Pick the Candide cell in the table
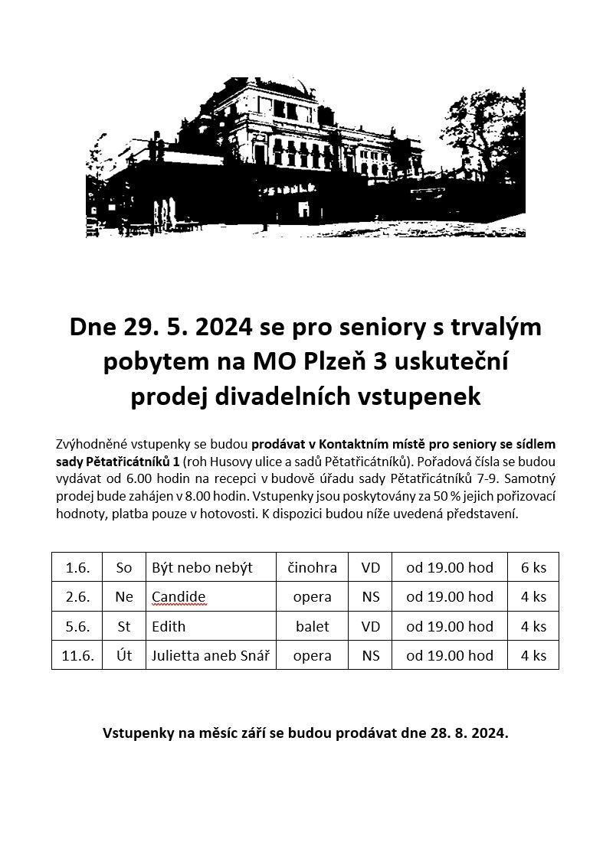tap(179, 596)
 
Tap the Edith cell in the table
tap(169, 626)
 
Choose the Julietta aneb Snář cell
tap(211, 655)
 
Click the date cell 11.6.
tap(77, 655)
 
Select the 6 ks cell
tap(533, 567)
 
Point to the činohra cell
tap(312, 567)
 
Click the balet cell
tap(312, 626)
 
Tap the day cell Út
tap(124, 655)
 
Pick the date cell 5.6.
tap(77, 626)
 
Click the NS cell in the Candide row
tap(371, 596)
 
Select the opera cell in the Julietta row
tap(312, 655)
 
